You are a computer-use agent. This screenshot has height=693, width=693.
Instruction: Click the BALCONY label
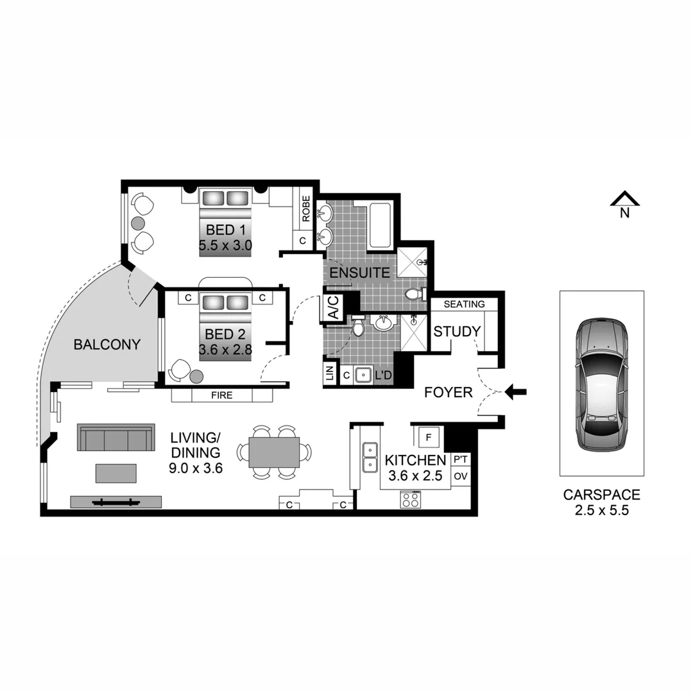click(107, 345)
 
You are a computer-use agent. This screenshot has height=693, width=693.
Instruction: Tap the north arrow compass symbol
click(624, 201)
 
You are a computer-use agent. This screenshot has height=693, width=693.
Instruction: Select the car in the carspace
click(601, 384)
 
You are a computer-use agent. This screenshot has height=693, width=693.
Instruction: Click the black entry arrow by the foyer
click(516, 391)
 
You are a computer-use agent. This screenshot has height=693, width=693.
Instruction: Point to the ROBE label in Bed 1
click(305, 209)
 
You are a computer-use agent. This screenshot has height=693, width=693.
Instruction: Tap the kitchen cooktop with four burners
click(411, 499)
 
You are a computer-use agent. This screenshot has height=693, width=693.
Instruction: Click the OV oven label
click(460, 477)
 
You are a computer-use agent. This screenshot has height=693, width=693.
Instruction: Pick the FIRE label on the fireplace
click(221, 395)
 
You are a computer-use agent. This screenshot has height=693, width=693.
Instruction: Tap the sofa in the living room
click(116, 438)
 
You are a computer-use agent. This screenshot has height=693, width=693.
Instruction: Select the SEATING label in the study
click(464, 304)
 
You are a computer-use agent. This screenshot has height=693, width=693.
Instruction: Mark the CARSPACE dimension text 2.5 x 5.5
click(601, 510)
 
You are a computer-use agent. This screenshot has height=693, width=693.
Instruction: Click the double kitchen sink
click(370, 456)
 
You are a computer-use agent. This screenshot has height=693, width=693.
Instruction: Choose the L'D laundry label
click(383, 375)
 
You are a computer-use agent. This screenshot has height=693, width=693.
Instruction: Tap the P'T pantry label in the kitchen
click(460, 459)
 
